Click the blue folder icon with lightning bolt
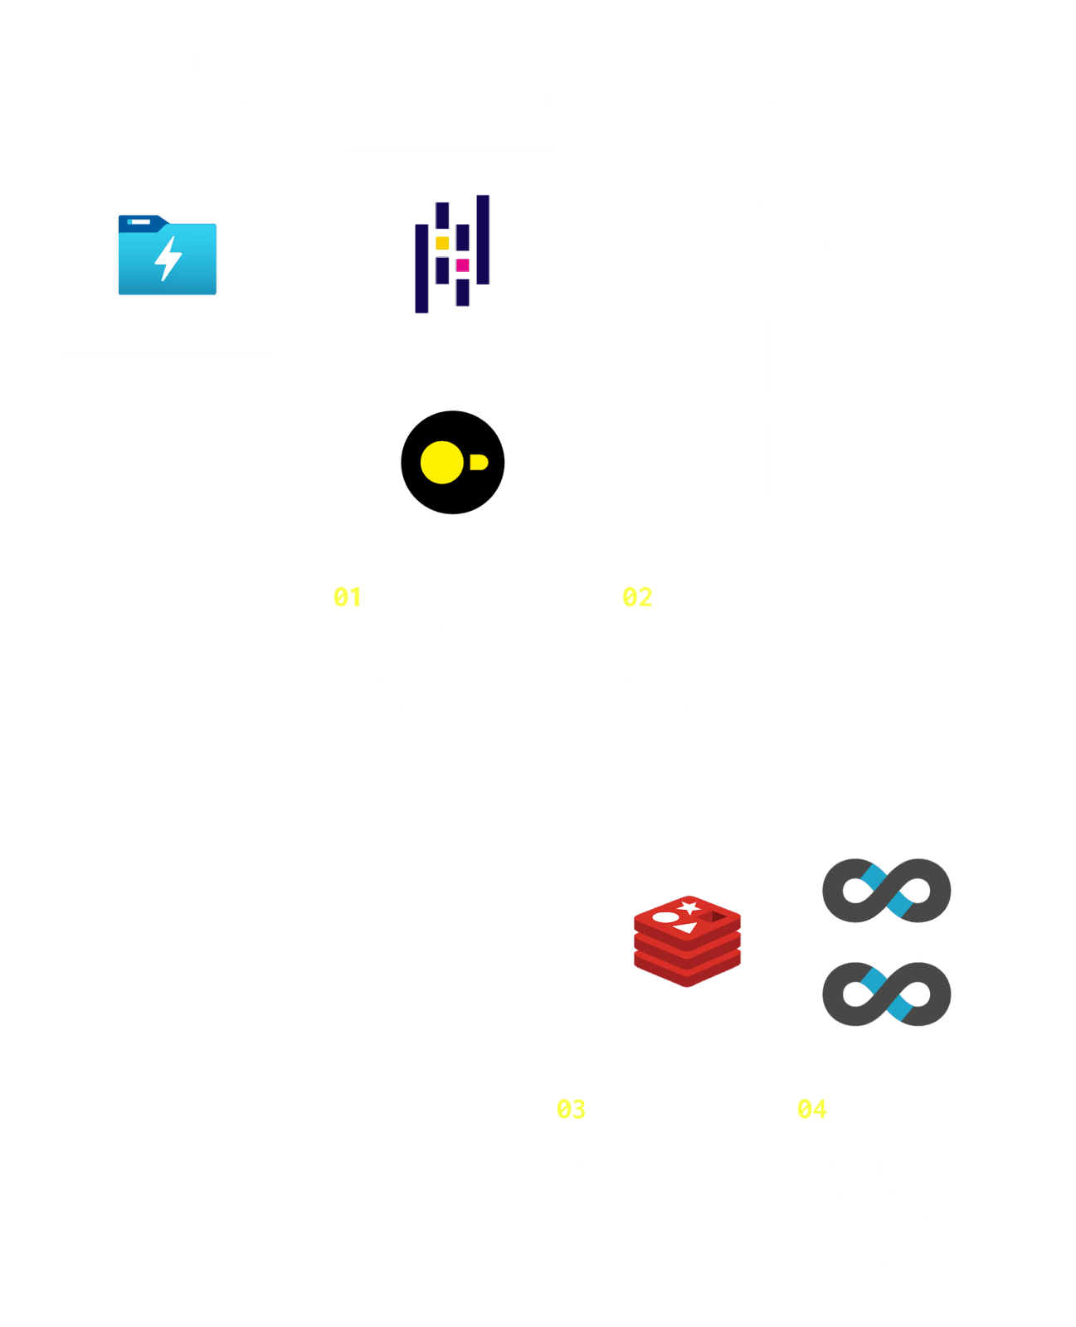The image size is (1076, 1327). click(168, 255)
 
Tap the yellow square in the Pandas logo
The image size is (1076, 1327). click(442, 243)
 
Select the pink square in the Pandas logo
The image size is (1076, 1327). click(463, 265)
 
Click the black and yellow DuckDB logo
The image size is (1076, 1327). click(452, 462)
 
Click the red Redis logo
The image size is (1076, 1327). click(687, 941)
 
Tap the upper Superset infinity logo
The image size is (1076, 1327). click(886, 891)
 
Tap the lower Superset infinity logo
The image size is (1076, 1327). click(886, 994)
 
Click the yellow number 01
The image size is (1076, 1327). click(348, 597)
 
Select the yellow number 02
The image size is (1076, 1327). click(637, 597)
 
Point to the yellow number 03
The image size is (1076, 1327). click(571, 1109)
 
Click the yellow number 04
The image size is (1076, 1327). click(811, 1109)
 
